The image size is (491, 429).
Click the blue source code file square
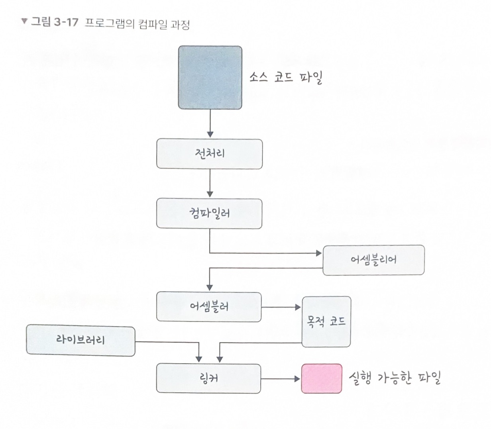point(210,78)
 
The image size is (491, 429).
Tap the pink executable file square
point(322,378)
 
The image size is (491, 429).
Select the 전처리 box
point(210,154)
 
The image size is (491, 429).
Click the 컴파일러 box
point(209,214)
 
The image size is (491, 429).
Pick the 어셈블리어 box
point(373,260)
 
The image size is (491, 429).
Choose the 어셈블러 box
point(209,307)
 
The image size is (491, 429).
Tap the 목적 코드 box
point(326,321)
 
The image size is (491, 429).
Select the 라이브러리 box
point(81,341)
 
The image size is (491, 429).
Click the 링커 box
point(208,378)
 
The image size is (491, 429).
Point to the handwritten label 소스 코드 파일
point(286,77)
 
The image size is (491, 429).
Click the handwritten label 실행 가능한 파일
point(395,378)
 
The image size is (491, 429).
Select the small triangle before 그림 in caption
point(25,21)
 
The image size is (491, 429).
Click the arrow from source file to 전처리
point(210,124)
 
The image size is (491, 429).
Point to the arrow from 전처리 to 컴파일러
point(210,184)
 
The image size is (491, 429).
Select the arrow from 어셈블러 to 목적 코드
point(281,307)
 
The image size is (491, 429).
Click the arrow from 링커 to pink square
point(281,378)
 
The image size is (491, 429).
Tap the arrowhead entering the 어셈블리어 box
point(318,253)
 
